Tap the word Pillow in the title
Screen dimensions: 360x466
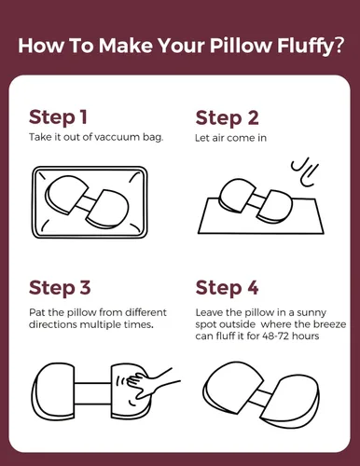tap(241, 45)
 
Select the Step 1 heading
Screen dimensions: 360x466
tap(58, 118)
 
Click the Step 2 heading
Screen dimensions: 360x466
tap(228, 118)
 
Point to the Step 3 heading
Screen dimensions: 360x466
tap(60, 288)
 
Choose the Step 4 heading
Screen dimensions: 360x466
tap(228, 288)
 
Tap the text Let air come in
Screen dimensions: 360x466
tap(230, 138)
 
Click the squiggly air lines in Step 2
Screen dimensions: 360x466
tap(305, 174)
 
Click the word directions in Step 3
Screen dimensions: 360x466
tap(53, 324)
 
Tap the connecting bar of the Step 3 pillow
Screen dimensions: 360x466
tap(93, 393)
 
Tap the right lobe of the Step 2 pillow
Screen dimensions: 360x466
tap(275, 206)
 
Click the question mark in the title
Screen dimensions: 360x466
tap(339, 46)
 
